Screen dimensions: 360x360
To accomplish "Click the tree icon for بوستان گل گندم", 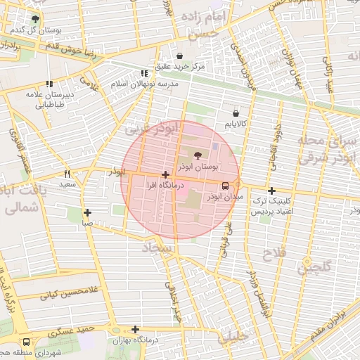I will tap(36, 19).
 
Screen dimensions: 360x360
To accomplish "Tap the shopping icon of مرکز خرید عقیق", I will tap(180, 56).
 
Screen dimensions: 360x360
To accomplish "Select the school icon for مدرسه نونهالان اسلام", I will tap(144, 73).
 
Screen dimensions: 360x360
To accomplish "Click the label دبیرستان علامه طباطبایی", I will tap(49, 98).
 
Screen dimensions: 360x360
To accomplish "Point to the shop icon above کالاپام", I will tap(236, 112).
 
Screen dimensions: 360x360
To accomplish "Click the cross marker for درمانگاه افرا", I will tap(165, 174).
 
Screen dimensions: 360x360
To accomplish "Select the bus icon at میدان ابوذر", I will tap(225, 186).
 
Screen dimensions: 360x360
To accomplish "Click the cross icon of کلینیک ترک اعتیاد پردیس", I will tap(271, 191).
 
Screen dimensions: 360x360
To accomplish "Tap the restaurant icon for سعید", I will tap(67, 174).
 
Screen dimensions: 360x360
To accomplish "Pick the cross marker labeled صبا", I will tap(87, 212).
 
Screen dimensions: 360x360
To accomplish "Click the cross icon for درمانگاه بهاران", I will tap(135, 329).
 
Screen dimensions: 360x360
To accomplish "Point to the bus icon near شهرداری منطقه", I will tap(26, 341).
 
